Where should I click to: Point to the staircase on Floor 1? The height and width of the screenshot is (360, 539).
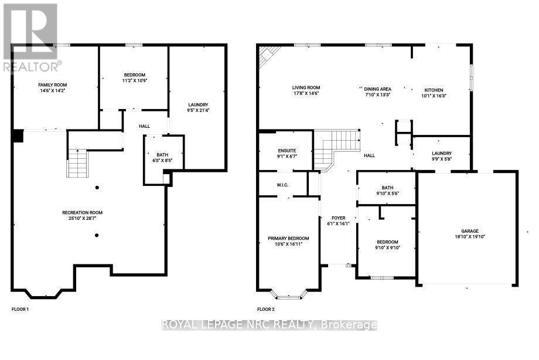click(77, 163)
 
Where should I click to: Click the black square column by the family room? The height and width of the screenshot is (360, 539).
click(18, 136)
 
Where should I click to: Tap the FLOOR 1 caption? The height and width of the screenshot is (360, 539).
click(20, 308)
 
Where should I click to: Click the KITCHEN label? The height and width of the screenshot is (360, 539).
click(434, 90)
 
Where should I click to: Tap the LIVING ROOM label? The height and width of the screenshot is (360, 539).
click(306, 87)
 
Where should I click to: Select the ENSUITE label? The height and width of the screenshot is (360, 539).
click(287, 150)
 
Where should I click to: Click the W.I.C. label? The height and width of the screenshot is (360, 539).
click(285, 185)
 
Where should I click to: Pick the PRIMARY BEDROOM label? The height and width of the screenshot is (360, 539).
click(288, 238)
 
